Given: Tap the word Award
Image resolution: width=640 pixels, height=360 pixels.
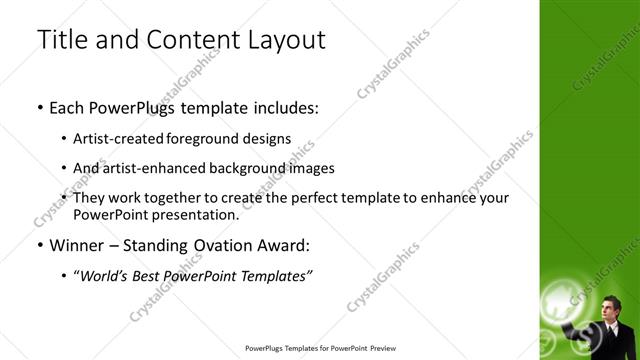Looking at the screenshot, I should [285, 244].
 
